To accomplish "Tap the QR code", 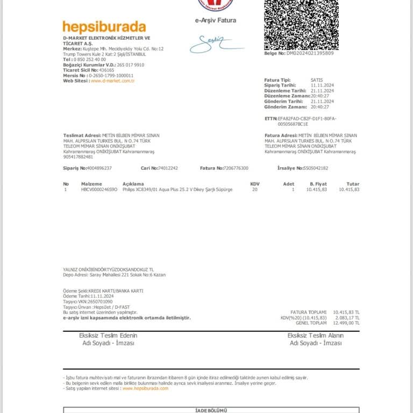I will (x=301, y=24).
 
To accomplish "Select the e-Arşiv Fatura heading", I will (x=215, y=20).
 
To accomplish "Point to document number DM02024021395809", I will (x=310, y=53).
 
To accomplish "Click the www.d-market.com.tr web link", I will (x=112, y=81).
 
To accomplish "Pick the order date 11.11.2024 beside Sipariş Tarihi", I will (x=323, y=86).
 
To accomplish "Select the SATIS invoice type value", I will (x=317, y=80).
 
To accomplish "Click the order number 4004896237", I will (x=99, y=168).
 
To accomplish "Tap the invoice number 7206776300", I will (x=236, y=168).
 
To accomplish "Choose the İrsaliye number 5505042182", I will (x=316, y=168).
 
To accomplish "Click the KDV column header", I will (x=255, y=184).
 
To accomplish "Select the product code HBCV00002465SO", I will (x=99, y=190).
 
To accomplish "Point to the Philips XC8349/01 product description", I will (x=177, y=190).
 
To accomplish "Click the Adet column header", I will (x=289, y=184).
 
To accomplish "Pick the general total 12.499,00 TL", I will (x=346, y=323).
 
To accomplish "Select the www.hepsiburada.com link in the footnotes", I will (x=145, y=388).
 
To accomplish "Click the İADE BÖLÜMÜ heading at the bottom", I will (x=211, y=410).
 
